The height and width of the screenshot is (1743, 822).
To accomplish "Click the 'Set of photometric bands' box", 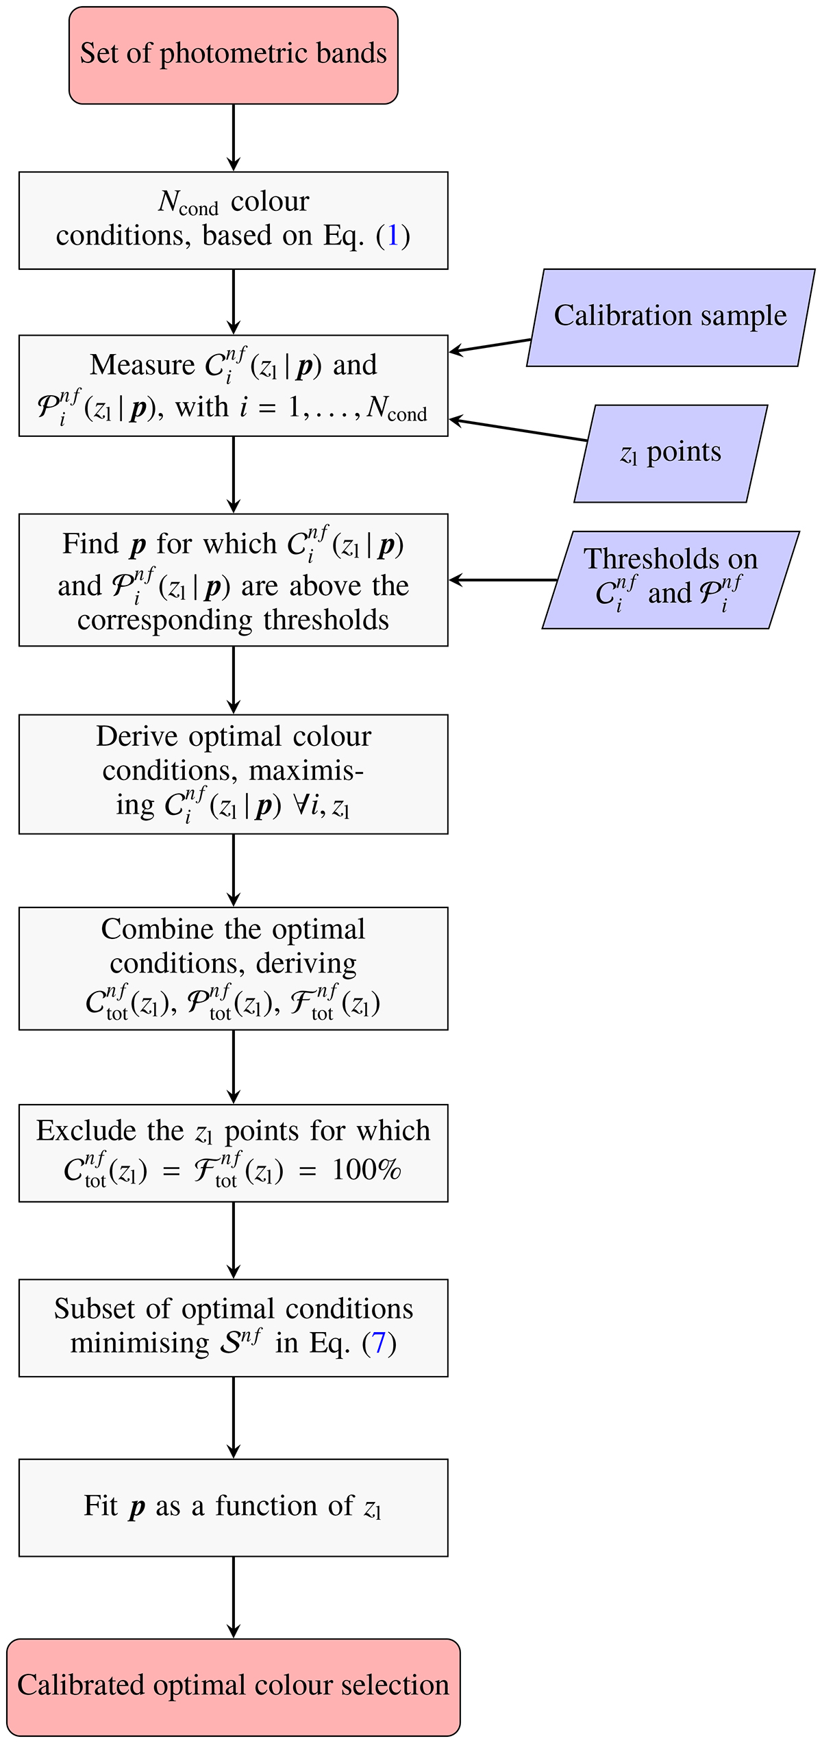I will tap(233, 55).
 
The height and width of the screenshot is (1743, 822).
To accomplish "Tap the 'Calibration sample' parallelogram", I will tap(670, 317).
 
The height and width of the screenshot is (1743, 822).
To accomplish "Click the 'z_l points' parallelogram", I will tap(670, 453).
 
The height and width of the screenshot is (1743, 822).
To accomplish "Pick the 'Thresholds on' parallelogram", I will tap(670, 579).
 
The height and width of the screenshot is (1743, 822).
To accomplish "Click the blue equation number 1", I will tap(393, 236).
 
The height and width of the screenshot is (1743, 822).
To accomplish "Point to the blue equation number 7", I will tap(379, 1343).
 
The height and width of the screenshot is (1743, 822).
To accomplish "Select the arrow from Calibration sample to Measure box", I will tap(490, 346).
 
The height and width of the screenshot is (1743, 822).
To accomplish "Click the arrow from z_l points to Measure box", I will tap(517, 429).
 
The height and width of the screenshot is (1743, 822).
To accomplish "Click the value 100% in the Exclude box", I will tap(366, 1170).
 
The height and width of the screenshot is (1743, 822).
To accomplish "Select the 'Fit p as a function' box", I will tap(233, 1507).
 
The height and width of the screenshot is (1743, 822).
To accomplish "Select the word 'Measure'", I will tap(142, 365).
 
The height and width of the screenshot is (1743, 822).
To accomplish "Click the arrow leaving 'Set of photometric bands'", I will tap(234, 137).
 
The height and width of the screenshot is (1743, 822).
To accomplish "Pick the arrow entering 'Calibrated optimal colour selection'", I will tap(234, 1597).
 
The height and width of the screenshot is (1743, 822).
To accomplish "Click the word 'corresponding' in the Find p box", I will tap(165, 620).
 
